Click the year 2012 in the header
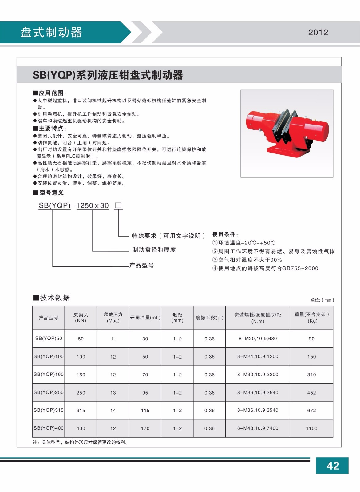pyautogui.click(x=318, y=32)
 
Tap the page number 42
pyautogui.click(x=333, y=466)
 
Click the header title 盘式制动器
pyautogui.click(x=51, y=32)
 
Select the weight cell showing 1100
pyautogui.click(x=311, y=428)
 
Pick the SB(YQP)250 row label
pyautogui.click(x=49, y=392)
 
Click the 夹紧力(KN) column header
pyautogui.click(x=81, y=318)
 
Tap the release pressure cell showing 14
pyautogui.click(x=113, y=410)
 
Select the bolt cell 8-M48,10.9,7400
pyautogui.click(x=258, y=428)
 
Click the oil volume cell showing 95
pyautogui.click(x=145, y=393)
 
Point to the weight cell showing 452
pyautogui.click(x=311, y=393)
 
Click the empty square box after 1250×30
pyautogui.click(x=118, y=205)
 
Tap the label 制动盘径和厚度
pyautogui.click(x=154, y=250)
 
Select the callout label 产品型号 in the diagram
pyautogui.click(x=141, y=265)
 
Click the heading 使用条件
pyautogui.click(x=225, y=234)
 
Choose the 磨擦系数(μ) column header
pyautogui.click(x=209, y=318)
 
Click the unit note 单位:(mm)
pyautogui.click(x=322, y=300)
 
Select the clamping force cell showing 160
pyautogui.click(x=81, y=375)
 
